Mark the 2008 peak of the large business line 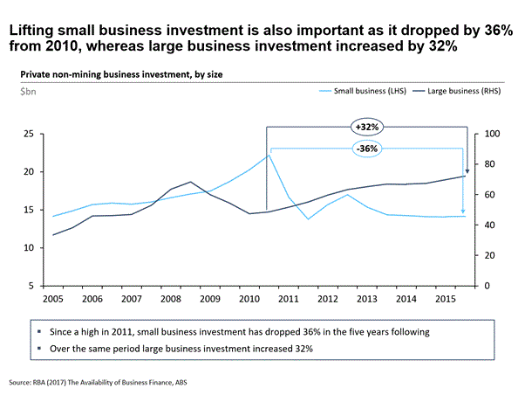tap(190, 182)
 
